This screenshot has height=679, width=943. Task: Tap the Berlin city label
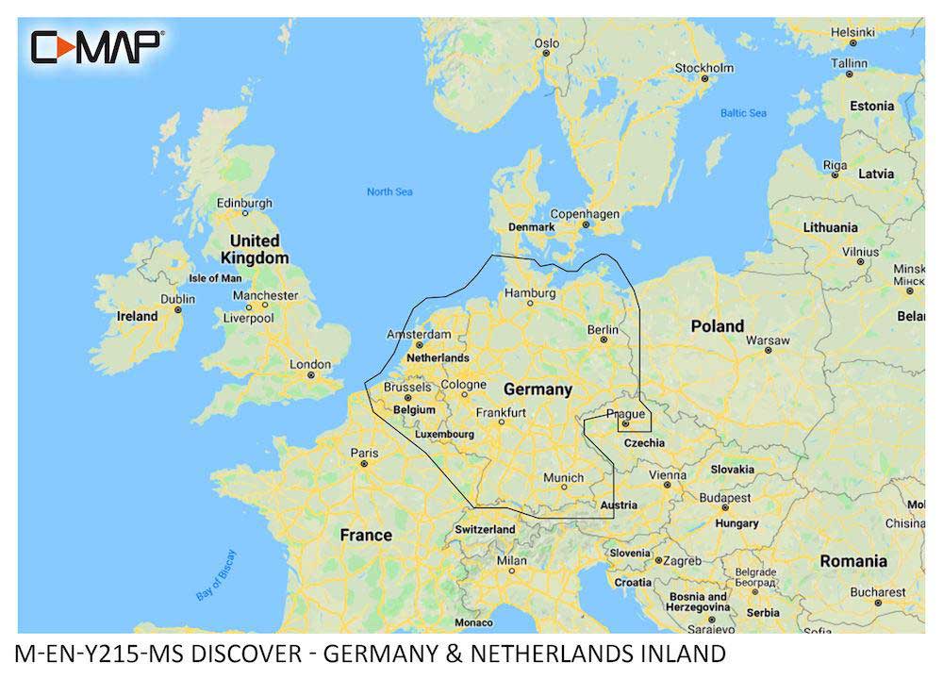(603, 329)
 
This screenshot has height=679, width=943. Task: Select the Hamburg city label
(531, 293)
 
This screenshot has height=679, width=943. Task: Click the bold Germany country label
(538, 389)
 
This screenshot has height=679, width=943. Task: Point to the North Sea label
(389, 192)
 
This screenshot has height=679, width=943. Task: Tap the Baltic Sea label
(743, 113)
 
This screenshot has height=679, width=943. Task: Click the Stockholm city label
(703, 68)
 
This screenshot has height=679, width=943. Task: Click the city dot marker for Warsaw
(769, 350)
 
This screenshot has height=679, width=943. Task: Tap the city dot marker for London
(310, 375)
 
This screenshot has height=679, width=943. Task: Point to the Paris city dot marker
(365, 464)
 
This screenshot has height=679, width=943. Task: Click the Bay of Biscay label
(217, 576)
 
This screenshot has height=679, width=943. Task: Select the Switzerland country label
(485, 529)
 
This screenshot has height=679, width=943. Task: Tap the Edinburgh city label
(244, 203)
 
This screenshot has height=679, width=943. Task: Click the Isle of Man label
(215, 278)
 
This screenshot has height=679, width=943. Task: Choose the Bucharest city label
(876, 592)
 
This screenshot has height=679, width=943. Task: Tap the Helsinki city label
(852, 31)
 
